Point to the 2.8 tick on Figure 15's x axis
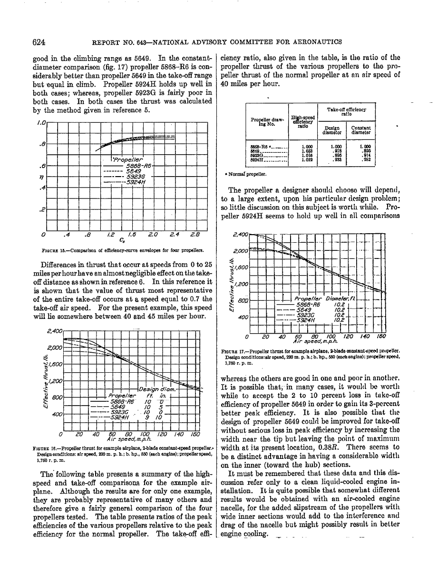(195, 235)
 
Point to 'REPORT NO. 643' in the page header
(123, 42)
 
